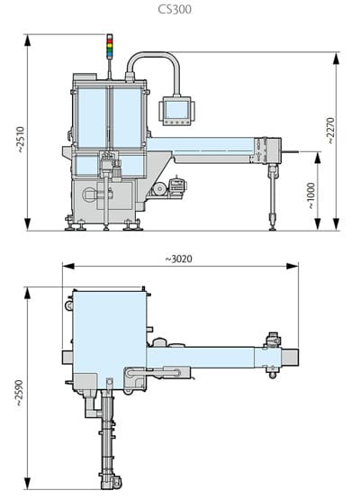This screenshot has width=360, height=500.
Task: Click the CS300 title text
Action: (180, 11)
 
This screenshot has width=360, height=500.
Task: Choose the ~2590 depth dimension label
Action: (19, 388)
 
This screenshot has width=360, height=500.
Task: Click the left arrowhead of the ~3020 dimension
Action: (65, 266)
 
